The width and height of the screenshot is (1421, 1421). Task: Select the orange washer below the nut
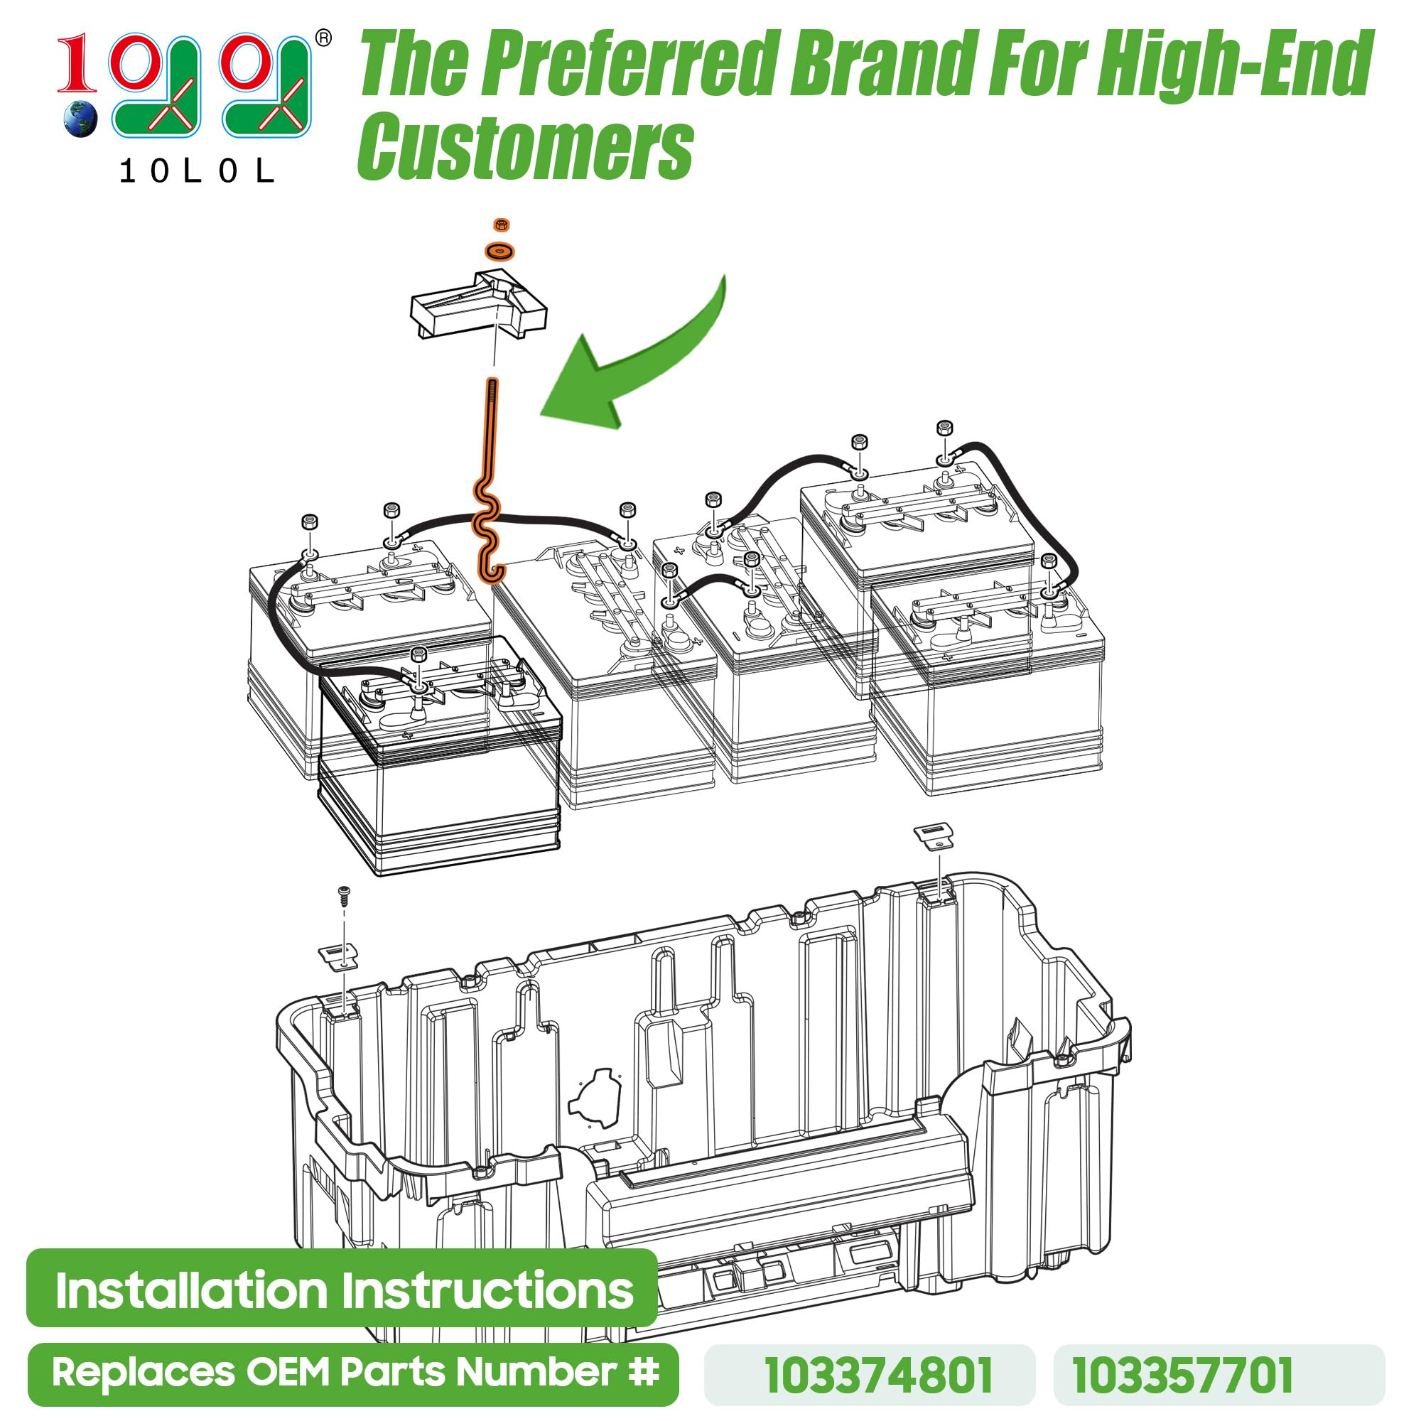(x=500, y=252)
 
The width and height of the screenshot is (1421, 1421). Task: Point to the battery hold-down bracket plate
(x=478, y=306)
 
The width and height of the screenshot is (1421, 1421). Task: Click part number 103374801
(x=879, y=1376)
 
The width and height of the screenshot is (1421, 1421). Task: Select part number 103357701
(x=1182, y=1376)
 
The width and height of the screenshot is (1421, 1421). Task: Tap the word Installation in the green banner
(x=191, y=1291)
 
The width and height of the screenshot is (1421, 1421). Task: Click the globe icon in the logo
(x=80, y=119)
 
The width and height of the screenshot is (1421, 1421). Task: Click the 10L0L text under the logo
(x=196, y=172)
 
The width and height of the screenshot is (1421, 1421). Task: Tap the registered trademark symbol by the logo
(x=322, y=38)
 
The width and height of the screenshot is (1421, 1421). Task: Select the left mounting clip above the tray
(x=339, y=957)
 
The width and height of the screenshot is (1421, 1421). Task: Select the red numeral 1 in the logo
(x=77, y=65)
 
